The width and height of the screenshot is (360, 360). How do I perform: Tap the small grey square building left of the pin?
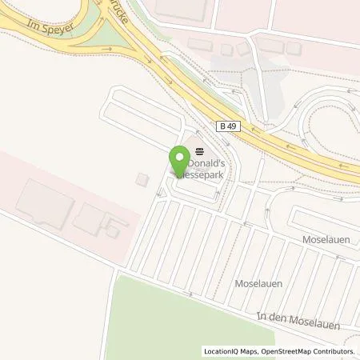142,179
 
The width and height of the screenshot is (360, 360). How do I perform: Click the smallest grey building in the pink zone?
114,231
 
